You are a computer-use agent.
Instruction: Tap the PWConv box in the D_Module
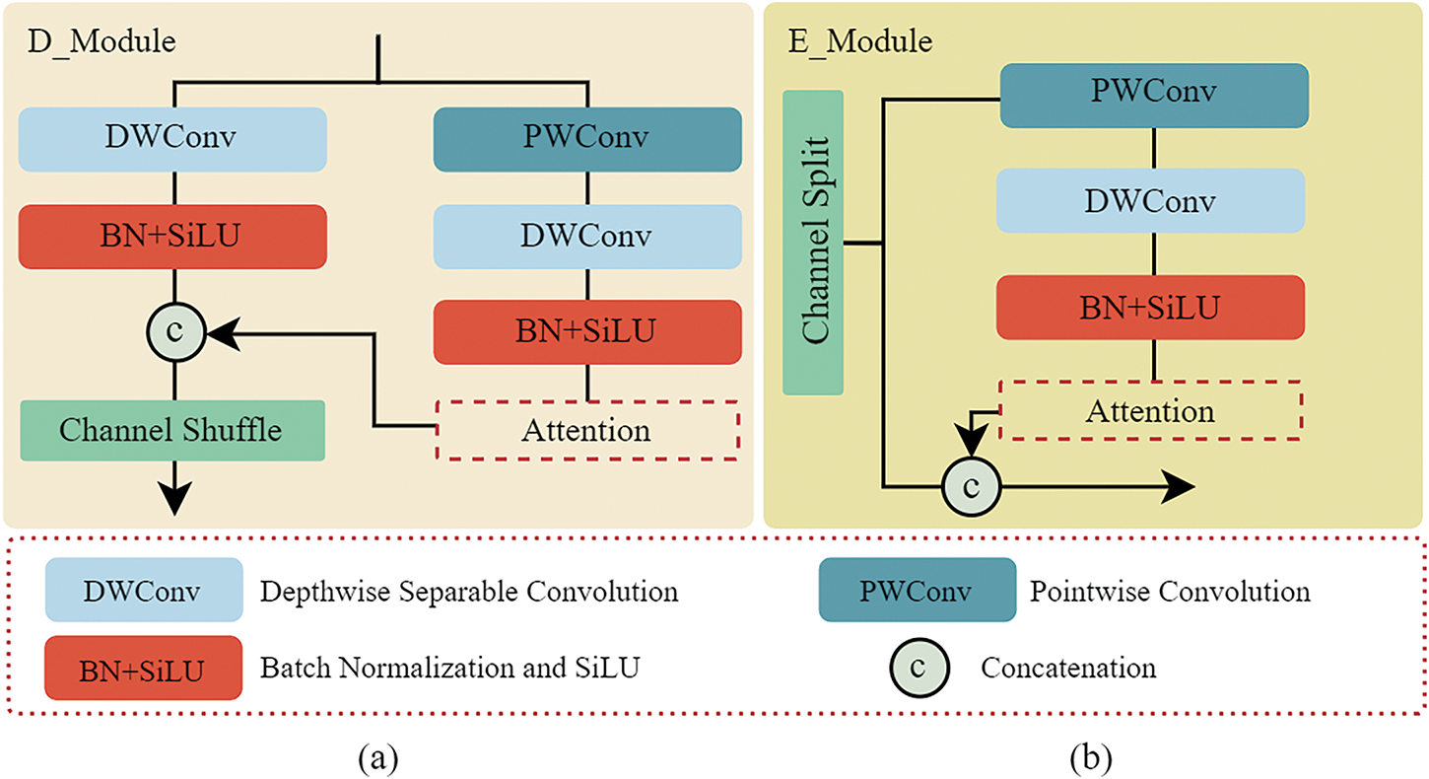click(x=587, y=138)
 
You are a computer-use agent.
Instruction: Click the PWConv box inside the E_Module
click(x=1154, y=95)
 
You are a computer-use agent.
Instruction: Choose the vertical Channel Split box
click(x=813, y=243)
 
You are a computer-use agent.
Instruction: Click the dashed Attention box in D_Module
click(x=586, y=431)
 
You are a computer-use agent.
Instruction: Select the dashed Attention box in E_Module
click(x=1150, y=410)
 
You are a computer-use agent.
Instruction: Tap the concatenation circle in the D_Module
click(x=174, y=333)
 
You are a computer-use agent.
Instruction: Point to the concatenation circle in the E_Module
click(x=972, y=486)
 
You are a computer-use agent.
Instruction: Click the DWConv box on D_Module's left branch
click(x=173, y=138)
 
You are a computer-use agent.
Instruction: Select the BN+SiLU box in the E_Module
click(x=1150, y=307)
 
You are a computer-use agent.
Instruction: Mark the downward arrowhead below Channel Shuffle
click(x=174, y=499)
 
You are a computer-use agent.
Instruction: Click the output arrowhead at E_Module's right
click(x=1180, y=486)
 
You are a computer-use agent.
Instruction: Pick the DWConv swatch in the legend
click(x=143, y=591)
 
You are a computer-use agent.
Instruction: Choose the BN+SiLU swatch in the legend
click(x=143, y=669)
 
